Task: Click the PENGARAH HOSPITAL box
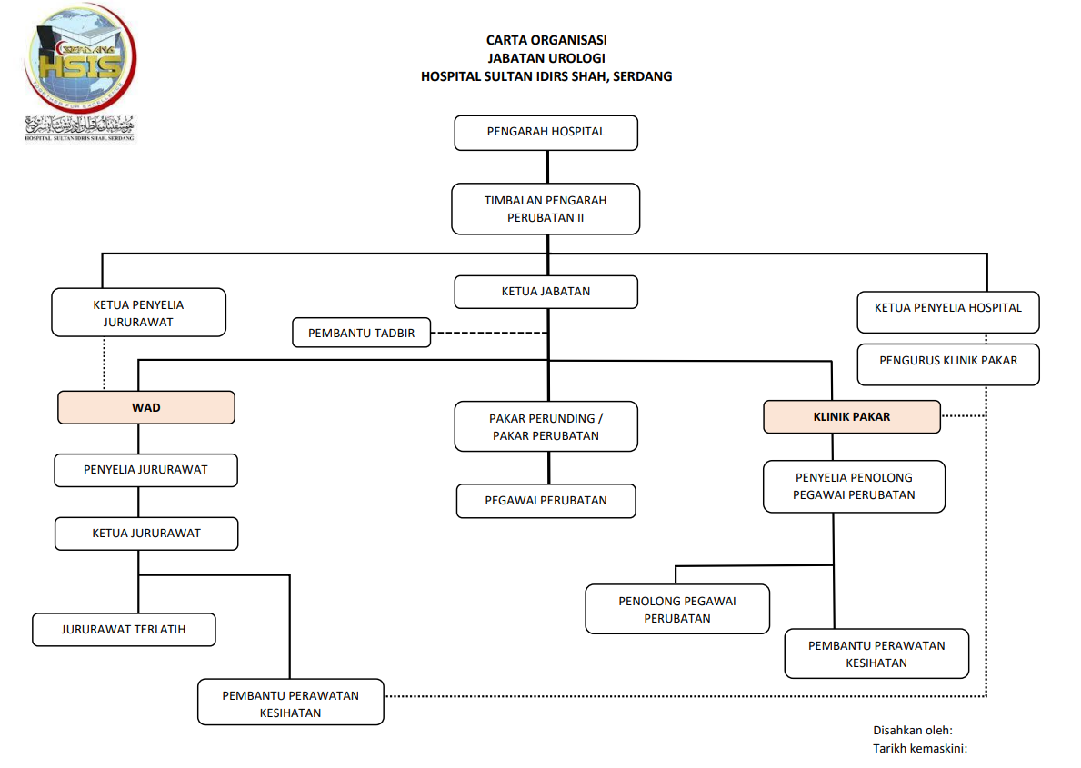point(546,132)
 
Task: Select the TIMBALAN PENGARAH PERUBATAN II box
point(546,209)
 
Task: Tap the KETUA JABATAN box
point(546,292)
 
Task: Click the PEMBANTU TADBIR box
point(361,334)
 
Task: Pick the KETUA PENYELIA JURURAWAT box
point(138,313)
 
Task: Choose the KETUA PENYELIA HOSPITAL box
point(947,308)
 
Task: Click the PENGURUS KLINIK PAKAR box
point(947,361)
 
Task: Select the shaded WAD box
point(145,408)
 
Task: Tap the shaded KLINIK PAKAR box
point(851,417)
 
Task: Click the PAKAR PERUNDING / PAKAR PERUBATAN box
point(546,427)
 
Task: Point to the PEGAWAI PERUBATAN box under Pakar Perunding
point(546,500)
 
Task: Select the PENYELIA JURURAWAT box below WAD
point(145,470)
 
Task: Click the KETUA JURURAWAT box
point(145,534)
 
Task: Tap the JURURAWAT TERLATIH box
point(124,629)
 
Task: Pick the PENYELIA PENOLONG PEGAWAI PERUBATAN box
point(853,486)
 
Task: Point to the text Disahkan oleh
point(912,730)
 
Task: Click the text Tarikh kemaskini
point(919,748)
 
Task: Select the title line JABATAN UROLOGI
point(546,58)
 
